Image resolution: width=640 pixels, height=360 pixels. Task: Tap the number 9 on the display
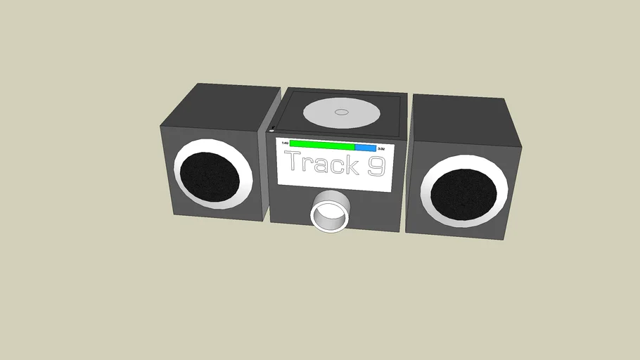[376, 166]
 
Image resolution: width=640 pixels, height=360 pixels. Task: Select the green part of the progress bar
[322, 145]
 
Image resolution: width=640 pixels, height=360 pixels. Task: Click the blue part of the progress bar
[365, 148]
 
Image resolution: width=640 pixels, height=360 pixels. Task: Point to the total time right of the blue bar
[381, 149]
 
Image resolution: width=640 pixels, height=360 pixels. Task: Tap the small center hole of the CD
[341, 112]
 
